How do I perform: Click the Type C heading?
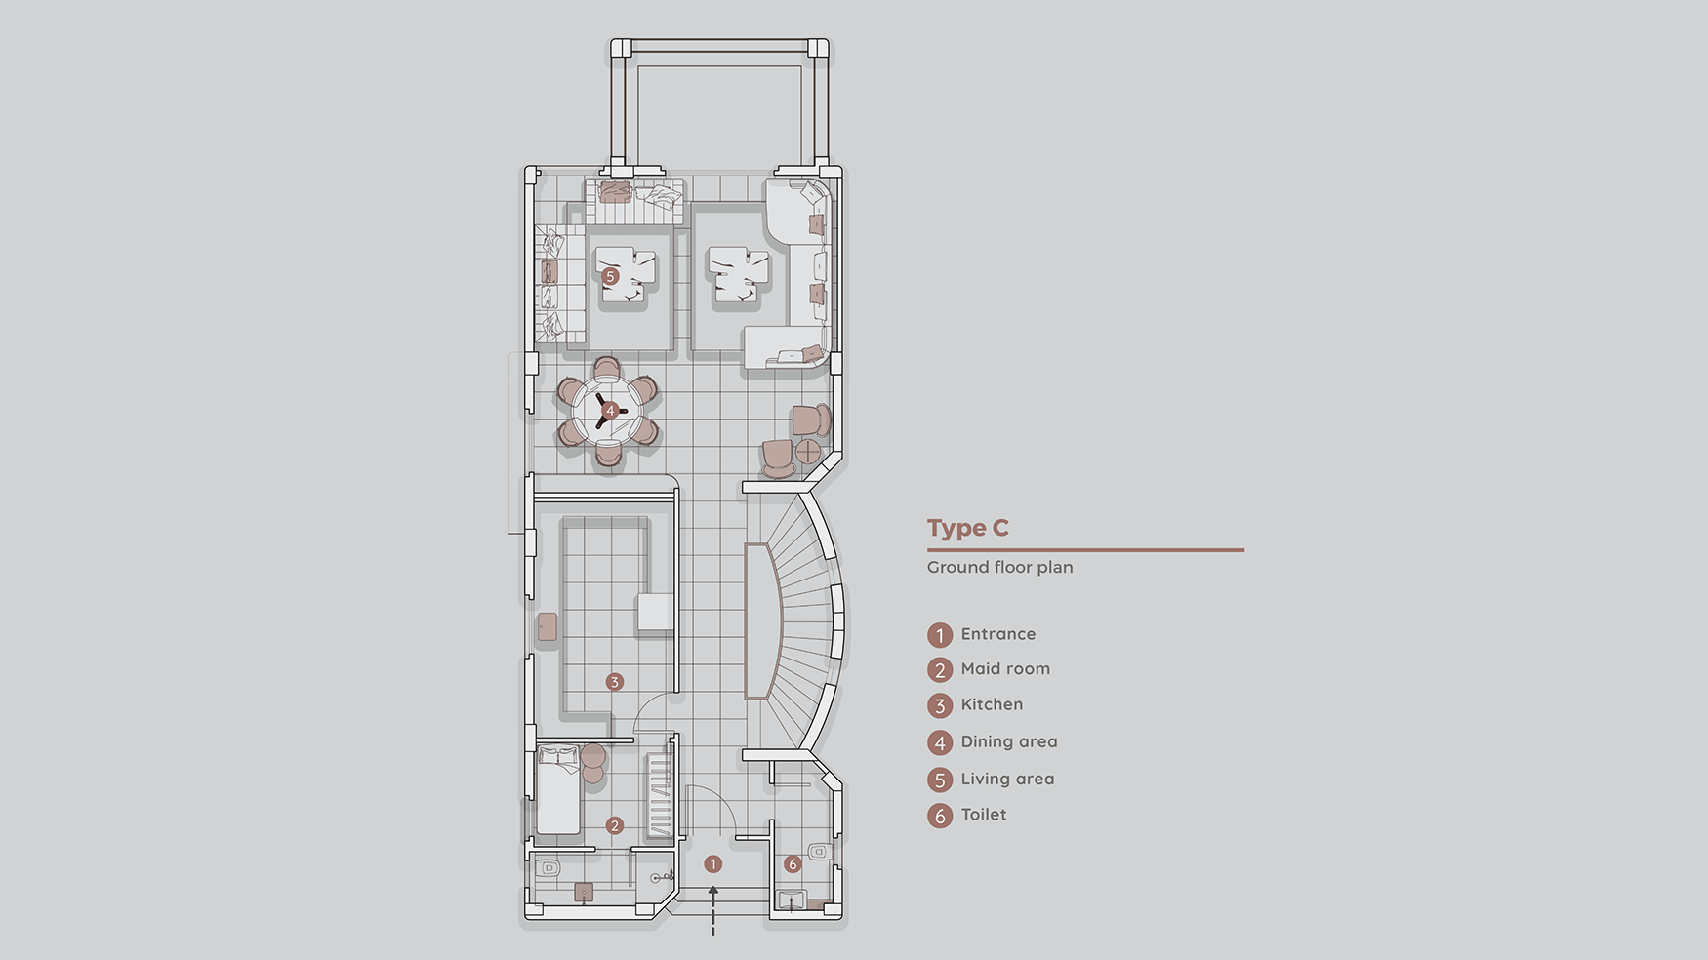point(967,528)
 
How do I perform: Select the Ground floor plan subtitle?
point(999,567)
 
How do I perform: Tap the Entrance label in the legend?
point(997,634)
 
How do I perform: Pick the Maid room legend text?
point(1005,669)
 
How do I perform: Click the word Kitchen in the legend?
point(992,704)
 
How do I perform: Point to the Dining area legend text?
point(1009,741)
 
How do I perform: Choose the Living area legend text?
point(1007,779)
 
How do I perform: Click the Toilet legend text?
point(983,815)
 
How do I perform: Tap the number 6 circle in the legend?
point(940,816)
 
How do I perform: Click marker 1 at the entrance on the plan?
point(713,864)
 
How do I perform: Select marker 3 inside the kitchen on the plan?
point(614,682)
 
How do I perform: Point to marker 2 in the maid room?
point(614,825)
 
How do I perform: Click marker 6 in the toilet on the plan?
point(793,864)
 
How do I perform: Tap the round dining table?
point(608,411)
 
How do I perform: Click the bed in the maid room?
point(558,789)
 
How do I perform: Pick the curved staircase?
point(795,622)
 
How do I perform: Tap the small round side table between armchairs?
point(809,451)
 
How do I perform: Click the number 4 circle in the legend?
point(940,743)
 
